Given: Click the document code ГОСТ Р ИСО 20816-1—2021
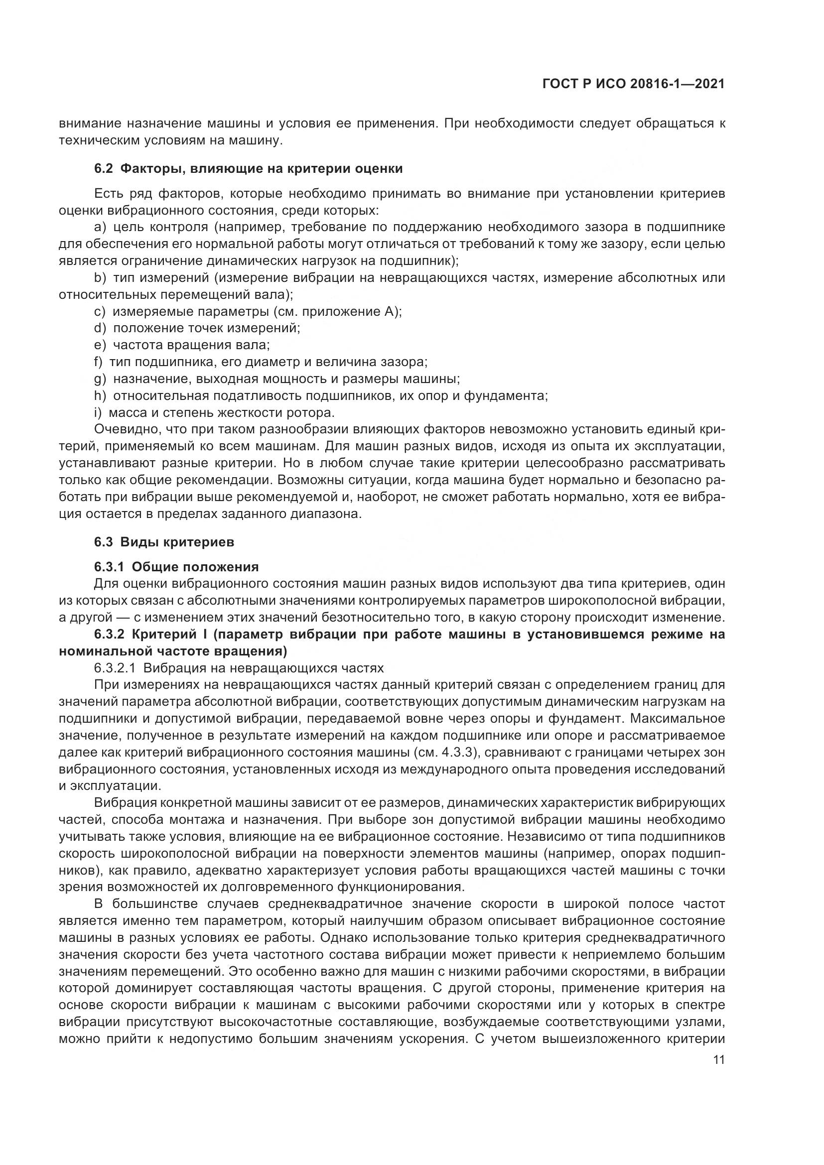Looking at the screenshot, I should click(x=633, y=84).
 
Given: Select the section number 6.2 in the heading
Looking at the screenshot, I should click(x=103, y=169).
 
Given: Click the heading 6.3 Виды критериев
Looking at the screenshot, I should click(x=164, y=542).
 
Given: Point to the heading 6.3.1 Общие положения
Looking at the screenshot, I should click(x=176, y=567).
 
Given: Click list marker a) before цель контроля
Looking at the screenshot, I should click(x=100, y=227).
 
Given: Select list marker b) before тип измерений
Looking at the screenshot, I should click(x=100, y=277).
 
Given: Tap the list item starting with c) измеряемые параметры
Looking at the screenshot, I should click(x=248, y=311).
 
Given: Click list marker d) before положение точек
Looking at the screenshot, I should click(x=100, y=328).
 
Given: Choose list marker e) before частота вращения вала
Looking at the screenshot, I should click(x=100, y=345).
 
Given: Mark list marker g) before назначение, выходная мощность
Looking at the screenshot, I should click(x=100, y=379).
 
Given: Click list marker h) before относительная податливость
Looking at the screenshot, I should click(x=100, y=396).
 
